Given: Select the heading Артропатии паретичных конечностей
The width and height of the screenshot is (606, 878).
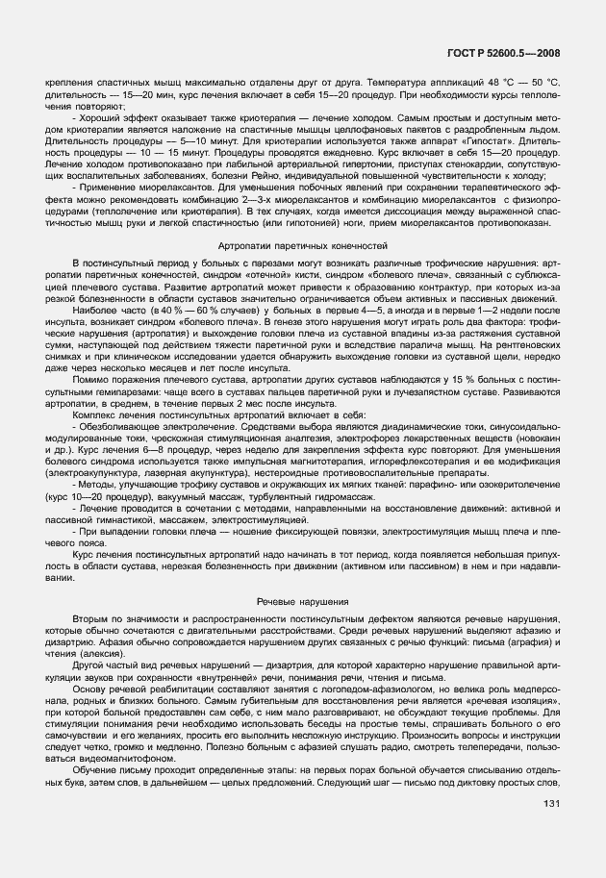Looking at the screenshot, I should [x=303, y=247].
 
